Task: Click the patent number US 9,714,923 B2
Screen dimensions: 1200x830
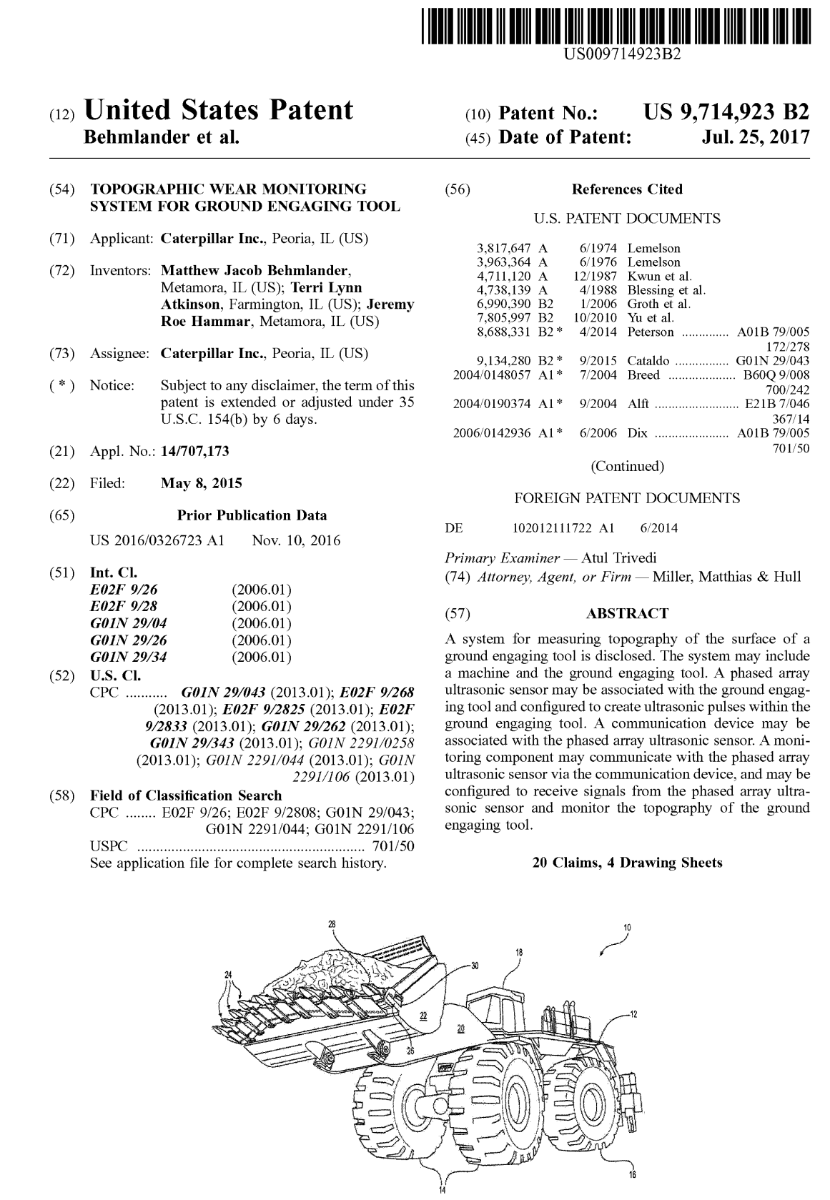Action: coord(726,113)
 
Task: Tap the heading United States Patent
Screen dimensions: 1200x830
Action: coord(219,111)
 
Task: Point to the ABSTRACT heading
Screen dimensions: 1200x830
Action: coord(627,613)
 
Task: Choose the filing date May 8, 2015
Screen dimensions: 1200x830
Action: coord(202,483)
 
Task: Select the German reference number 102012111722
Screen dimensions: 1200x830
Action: coord(552,528)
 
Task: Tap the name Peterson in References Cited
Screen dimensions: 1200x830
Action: coord(651,332)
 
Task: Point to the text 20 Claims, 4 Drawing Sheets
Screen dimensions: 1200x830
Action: coord(627,863)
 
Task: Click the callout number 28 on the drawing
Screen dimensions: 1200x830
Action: coord(332,923)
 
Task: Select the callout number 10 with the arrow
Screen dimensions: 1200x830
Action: coord(627,928)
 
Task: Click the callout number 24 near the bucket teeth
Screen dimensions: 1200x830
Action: coord(228,974)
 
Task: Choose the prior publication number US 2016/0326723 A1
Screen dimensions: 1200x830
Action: coord(157,540)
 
